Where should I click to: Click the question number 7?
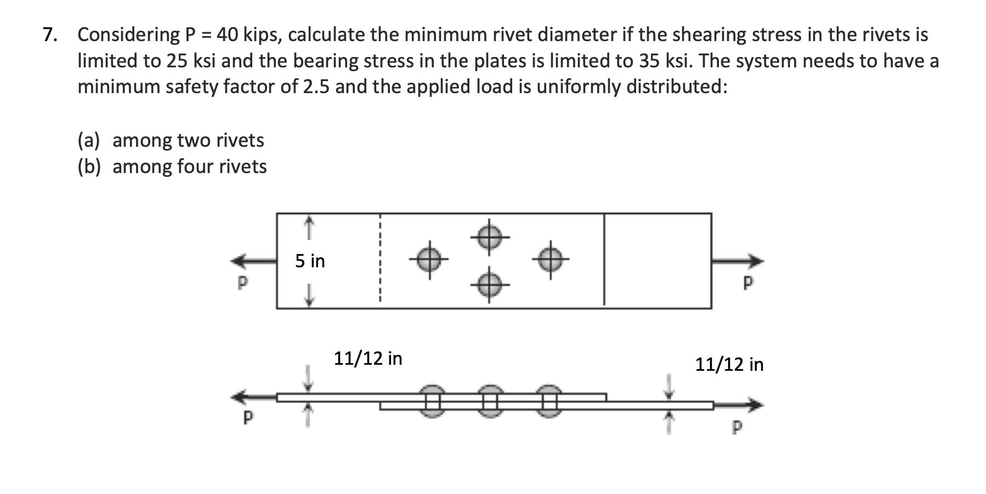click(x=50, y=35)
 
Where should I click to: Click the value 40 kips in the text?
click(x=247, y=35)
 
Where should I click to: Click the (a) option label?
click(x=89, y=141)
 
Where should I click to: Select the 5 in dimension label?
click(x=310, y=261)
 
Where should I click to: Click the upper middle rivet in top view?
click(x=490, y=237)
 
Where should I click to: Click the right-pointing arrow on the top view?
click(x=738, y=261)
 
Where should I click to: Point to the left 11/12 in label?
click(x=368, y=359)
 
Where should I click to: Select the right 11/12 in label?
click(x=729, y=365)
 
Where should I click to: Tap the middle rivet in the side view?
click(x=490, y=401)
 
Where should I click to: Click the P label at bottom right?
click(x=737, y=427)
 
